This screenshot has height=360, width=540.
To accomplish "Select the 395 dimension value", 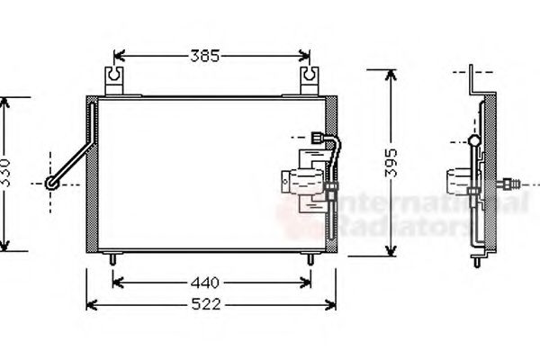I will coord(390,162).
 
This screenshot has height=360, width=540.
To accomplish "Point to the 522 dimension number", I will coord(207,304).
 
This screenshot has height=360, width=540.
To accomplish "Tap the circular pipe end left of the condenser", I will coord(53,184).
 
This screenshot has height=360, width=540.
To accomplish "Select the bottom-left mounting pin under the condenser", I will coord(112,259).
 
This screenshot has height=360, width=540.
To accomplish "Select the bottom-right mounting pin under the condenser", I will coord(311,259).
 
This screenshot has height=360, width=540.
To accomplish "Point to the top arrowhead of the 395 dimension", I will coord(389,75).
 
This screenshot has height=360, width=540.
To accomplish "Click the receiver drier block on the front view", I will coord(303,184).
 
